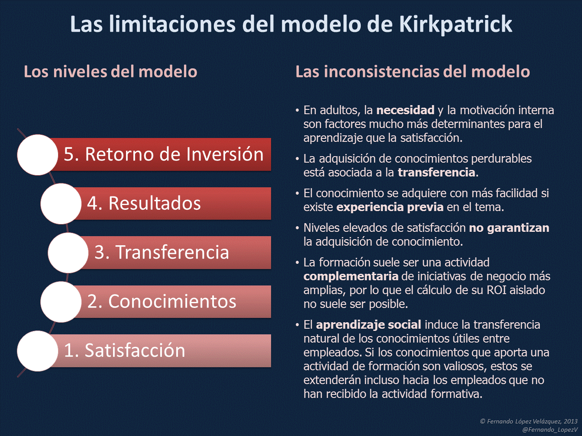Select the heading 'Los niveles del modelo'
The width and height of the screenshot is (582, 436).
point(110,71)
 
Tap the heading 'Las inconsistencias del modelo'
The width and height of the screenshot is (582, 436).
point(412,71)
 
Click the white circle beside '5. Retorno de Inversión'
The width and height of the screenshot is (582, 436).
point(38,154)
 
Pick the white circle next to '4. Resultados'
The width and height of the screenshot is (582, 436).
point(61,203)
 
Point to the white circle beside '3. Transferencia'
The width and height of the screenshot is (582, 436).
point(68,253)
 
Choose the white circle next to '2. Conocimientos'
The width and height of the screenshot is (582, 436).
point(61,301)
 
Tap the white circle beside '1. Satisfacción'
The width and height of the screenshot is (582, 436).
point(38,351)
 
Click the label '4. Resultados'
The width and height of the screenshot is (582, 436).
point(144,203)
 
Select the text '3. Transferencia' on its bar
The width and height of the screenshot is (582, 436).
point(162,252)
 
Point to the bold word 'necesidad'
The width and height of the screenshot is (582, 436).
point(405,110)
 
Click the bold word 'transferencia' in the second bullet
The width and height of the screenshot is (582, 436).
point(436,173)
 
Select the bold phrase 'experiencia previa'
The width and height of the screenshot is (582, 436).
point(390,207)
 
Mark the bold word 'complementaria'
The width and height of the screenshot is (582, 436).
point(351,276)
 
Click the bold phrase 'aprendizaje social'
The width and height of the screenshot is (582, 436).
point(369,325)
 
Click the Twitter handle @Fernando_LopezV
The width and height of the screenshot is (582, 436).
point(550,430)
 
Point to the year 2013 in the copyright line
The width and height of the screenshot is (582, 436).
point(570,421)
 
